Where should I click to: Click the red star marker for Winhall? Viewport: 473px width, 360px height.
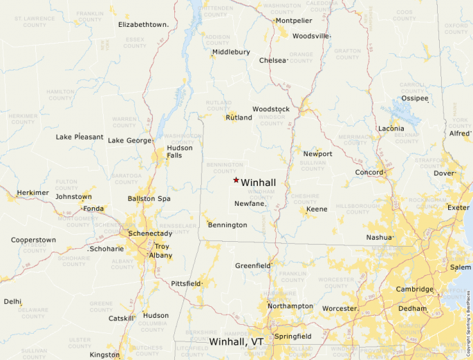(236, 180)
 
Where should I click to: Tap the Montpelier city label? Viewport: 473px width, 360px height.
(293, 21)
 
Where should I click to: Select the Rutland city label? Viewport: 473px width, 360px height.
(239, 117)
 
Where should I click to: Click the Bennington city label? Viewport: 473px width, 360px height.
(227, 225)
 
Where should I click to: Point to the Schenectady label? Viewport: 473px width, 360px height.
(149, 234)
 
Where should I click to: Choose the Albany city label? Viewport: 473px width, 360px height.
(160, 256)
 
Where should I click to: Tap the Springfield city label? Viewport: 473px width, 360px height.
(293, 337)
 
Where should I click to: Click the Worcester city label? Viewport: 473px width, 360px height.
(339, 308)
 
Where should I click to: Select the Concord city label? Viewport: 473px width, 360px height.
(369, 172)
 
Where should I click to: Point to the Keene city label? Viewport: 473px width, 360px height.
(317, 209)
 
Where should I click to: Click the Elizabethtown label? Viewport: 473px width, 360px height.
(143, 25)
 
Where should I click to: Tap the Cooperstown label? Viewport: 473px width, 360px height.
(33, 240)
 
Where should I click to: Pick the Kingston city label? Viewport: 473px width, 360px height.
(104, 354)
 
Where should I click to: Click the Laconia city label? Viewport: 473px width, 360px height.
(391, 129)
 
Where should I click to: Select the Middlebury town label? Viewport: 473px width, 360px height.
(231, 52)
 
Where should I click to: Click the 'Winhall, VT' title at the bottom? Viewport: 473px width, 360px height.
(236, 342)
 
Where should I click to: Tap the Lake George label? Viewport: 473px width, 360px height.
(129, 141)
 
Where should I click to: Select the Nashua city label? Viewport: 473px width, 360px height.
(380, 238)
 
